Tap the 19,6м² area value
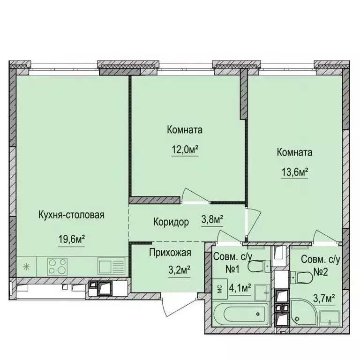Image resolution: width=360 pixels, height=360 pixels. (71, 240)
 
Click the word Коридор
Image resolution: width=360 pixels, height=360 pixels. (171, 223)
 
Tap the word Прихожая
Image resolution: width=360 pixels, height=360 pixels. (170, 254)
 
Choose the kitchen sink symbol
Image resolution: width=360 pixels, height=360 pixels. (111, 266)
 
